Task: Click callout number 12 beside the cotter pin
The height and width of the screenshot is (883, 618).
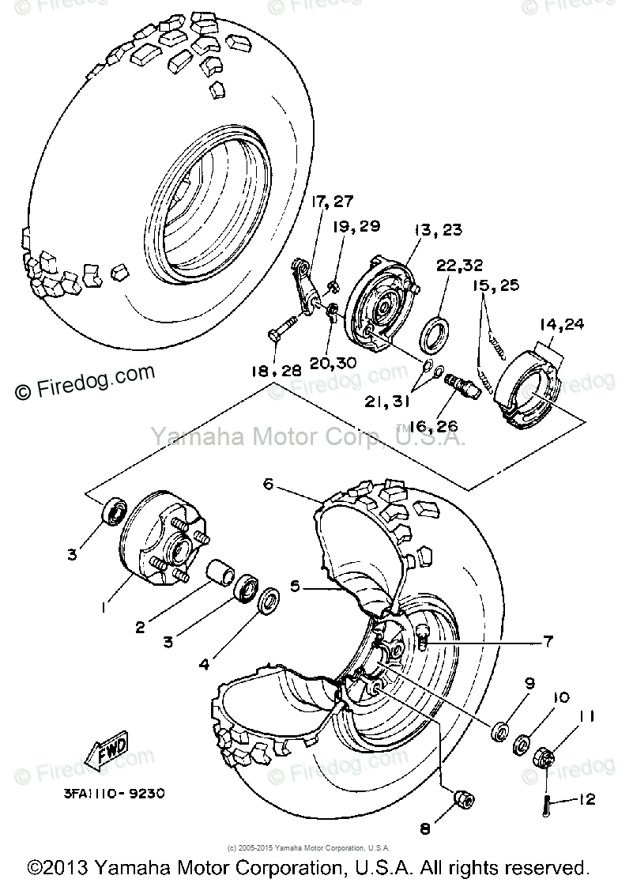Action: click(586, 800)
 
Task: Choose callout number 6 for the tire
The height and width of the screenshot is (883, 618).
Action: click(268, 484)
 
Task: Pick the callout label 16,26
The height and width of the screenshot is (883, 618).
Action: click(435, 427)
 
